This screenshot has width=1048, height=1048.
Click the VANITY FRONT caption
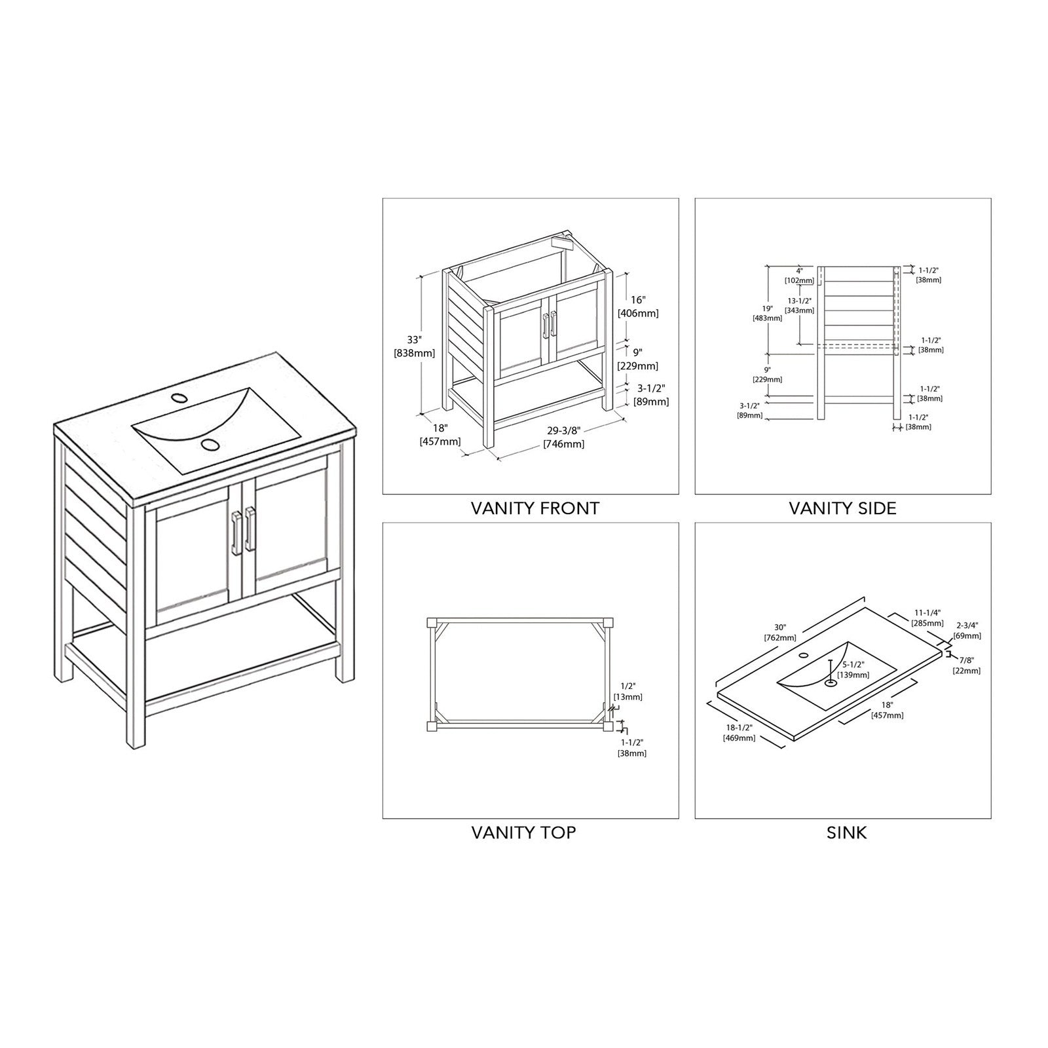click(x=534, y=508)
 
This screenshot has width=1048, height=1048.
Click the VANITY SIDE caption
click(x=842, y=508)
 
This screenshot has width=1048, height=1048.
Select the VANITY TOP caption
click(x=523, y=833)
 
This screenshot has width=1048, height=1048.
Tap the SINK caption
click(x=847, y=833)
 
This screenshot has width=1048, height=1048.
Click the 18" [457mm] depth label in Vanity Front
click(x=440, y=434)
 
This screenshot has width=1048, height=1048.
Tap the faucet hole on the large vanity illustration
click(x=178, y=398)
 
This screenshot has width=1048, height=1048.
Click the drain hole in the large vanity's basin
click(x=210, y=445)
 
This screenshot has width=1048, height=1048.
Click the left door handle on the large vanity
click(x=235, y=532)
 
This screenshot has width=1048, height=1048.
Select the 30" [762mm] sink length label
click(x=779, y=633)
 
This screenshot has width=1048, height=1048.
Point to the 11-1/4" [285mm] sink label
click(x=928, y=618)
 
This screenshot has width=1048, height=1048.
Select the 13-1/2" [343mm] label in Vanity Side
click(x=800, y=305)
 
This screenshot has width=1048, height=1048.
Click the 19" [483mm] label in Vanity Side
click(x=768, y=313)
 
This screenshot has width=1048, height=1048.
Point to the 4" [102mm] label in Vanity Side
click(x=799, y=275)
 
